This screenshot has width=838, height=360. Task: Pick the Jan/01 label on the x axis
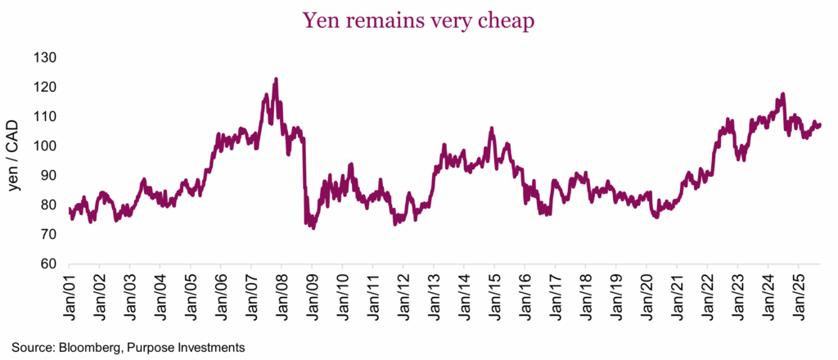click(69, 293)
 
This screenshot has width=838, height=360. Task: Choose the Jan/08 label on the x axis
click(282, 293)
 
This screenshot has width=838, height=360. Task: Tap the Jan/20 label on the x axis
click(646, 293)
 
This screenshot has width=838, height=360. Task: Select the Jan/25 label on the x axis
click(798, 293)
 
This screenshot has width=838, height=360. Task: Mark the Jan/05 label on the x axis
click(190, 293)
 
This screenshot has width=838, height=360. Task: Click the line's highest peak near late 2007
click(276, 79)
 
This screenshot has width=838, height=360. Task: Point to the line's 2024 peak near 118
click(783, 94)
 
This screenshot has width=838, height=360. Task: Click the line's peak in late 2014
click(491, 128)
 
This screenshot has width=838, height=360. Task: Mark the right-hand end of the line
click(821, 125)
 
